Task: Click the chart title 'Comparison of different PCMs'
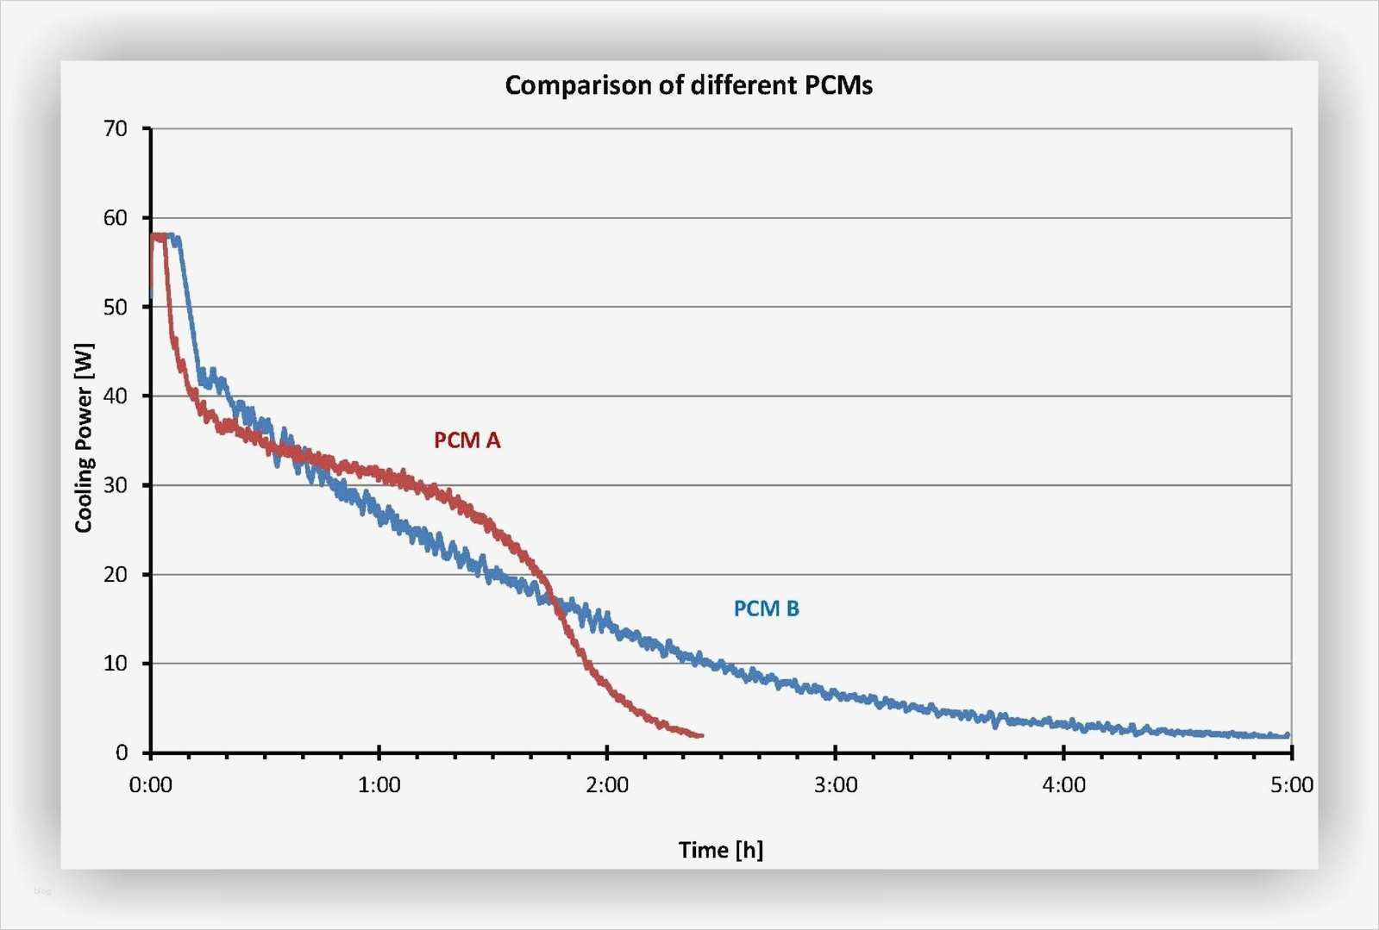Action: point(688,85)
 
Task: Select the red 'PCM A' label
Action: point(467,440)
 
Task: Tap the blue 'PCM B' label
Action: point(766,609)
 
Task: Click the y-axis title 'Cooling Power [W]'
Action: point(84,438)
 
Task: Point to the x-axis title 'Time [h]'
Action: point(720,850)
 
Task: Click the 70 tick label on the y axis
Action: point(115,129)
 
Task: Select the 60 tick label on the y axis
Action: point(115,218)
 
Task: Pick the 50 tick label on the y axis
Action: point(115,308)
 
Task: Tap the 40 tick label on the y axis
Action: point(115,396)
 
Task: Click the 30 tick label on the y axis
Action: point(115,485)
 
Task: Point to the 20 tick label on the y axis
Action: point(115,575)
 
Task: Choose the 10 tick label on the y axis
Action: point(115,664)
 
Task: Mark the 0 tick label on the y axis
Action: point(122,752)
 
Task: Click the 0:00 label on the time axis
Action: point(151,785)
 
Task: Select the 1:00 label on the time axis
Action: point(379,785)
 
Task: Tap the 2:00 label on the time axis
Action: point(607,785)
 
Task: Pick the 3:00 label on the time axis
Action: point(836,785)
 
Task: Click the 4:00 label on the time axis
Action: point(1063,785)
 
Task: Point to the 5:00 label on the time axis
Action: point(1291,785)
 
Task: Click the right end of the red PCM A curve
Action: point(701,735)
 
